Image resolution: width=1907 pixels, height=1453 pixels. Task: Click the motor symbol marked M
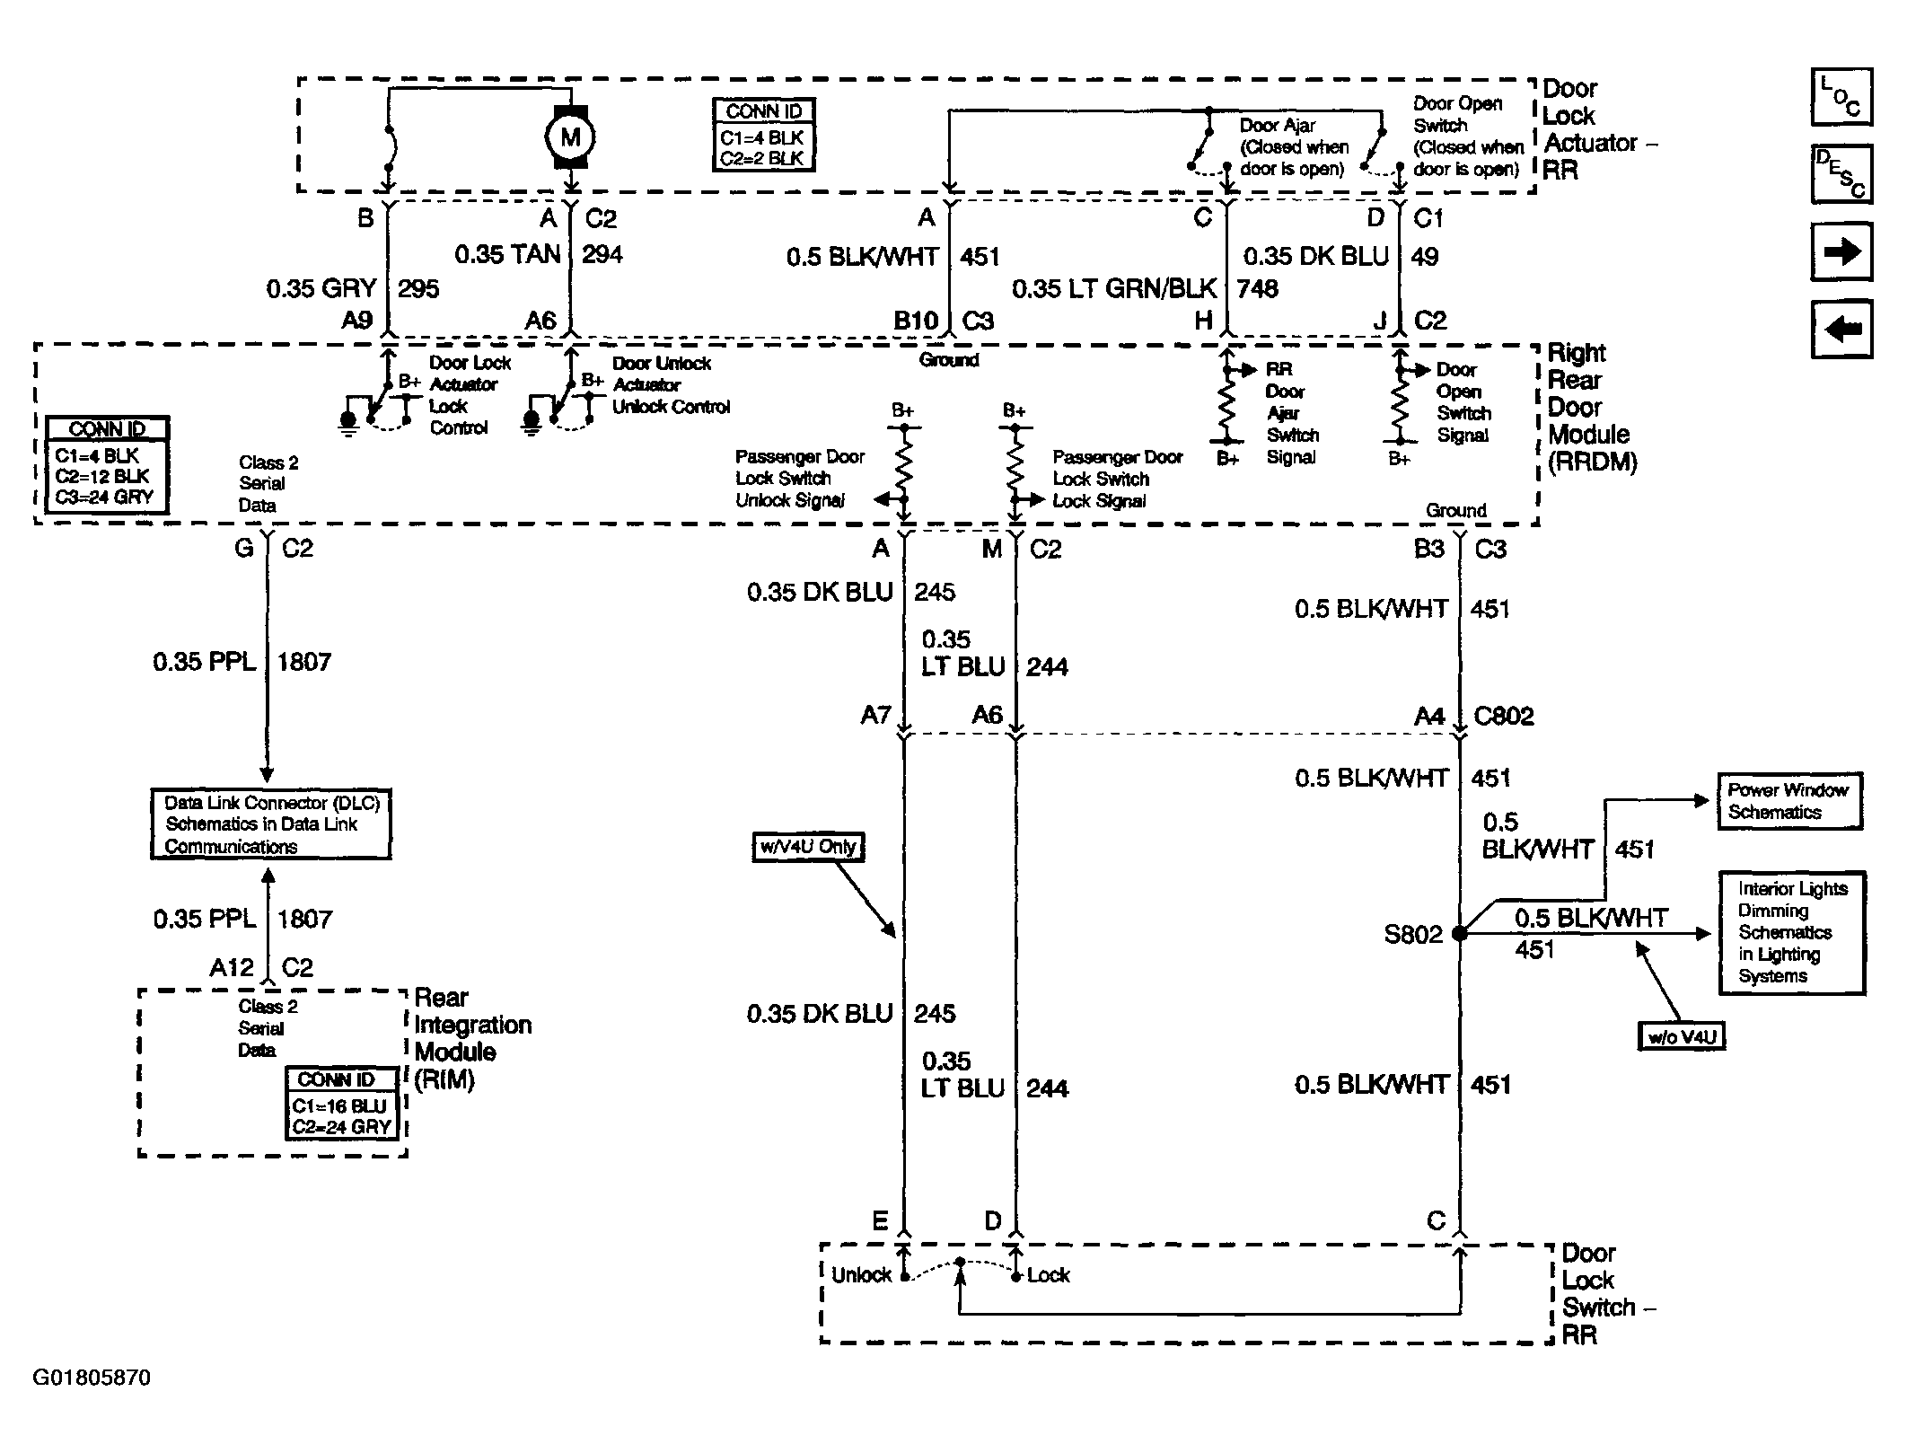[570, 137]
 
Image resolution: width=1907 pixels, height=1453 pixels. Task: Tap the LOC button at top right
[1841, 96]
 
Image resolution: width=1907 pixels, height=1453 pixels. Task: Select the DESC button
[1841, 173]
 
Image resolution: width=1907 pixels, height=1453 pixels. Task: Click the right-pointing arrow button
[1841, 251]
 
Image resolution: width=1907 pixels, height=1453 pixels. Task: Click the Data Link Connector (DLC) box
[271, 824]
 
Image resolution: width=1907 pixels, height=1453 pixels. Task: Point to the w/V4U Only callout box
[808, 847]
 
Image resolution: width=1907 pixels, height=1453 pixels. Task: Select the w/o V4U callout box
[1682, 1037]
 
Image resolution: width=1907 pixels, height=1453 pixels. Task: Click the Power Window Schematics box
[1789, 801]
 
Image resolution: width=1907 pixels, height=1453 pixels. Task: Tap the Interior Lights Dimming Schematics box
[1792, 932]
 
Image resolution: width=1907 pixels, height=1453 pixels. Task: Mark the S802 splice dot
[1460, 934]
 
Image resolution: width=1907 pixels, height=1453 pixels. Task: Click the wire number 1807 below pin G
[304, 662]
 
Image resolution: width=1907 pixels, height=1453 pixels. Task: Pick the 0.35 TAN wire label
[507, 254]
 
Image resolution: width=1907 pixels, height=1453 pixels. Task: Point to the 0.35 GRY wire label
[321, 288]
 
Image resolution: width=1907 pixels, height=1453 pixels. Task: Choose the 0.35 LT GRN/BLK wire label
[1114, 288]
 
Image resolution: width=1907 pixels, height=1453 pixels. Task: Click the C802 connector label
[1504, 716]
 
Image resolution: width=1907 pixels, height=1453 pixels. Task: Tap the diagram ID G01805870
[92, 1378]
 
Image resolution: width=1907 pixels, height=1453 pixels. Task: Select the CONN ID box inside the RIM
[342, 1104]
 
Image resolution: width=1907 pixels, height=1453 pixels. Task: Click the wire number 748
[1258, 288]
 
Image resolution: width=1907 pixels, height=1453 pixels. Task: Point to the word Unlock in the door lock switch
[861, 1275]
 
